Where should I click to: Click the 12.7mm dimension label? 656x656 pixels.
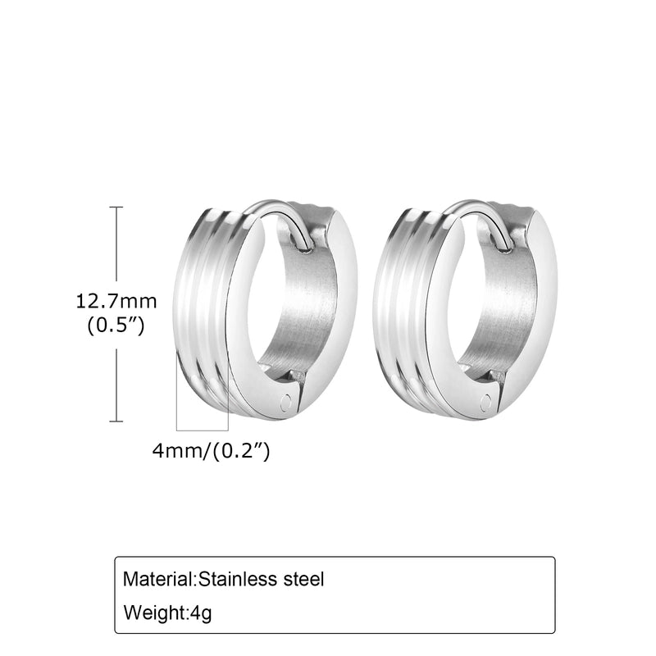click(116, 302)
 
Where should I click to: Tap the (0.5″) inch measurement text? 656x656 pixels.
click(116, 326)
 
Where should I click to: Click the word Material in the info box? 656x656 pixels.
click(158, 579)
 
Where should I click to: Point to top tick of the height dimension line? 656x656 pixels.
click(116, 207)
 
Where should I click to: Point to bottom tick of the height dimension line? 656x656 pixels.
click(116, 421)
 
